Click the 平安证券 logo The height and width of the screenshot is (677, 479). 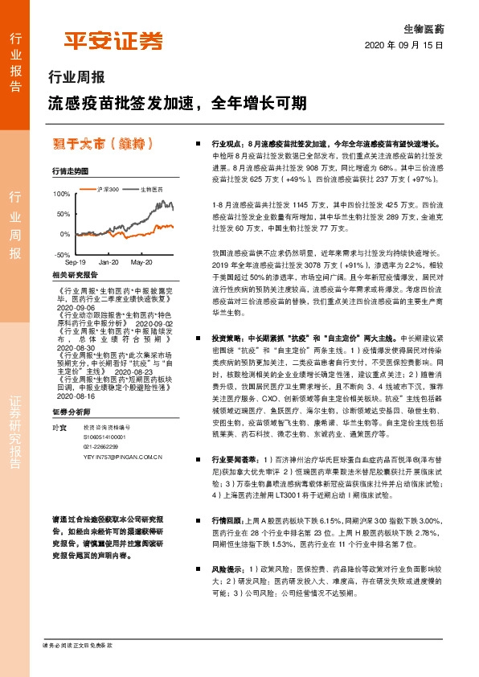[113, 41]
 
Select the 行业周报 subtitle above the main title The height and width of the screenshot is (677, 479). [77, 78]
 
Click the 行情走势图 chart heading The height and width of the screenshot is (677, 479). [69, 170]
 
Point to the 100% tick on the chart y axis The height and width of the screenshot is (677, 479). [62, 194]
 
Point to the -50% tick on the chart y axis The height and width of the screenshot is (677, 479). [63, 253]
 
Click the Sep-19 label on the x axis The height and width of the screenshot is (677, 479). [76, 262]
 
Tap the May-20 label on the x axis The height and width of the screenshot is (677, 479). [141, 262]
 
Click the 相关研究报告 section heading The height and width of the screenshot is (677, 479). [74, 275]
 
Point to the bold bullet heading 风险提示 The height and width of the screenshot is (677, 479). [227, 568]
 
